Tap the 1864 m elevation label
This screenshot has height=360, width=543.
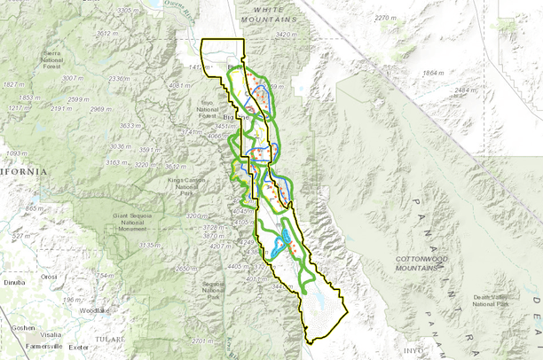click(433, 73)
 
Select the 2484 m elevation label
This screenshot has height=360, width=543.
click(467, 90)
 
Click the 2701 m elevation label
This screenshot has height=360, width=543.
click(203, 340)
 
